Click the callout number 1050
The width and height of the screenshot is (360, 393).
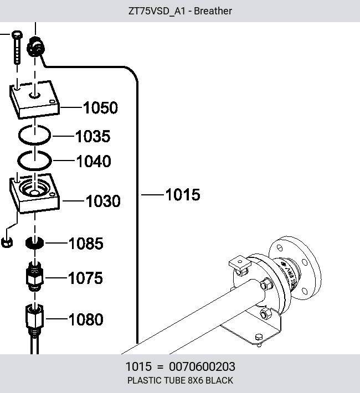point(100,108)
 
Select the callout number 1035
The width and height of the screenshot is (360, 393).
point(93,136)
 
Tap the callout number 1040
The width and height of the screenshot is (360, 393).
point(94,161)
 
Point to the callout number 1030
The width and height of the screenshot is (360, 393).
point(103,201)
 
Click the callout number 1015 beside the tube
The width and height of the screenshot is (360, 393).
point(183,194)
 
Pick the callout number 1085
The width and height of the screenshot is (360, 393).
point(86,244)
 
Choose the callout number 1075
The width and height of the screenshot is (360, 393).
point(85,278)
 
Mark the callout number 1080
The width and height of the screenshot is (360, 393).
point(86,319)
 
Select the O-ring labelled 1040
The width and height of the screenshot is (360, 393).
point(34,169)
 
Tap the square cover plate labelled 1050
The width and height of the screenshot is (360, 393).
point(35,100)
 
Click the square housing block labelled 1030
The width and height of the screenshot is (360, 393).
point(35,193)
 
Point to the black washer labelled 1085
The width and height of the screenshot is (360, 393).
point(35,243)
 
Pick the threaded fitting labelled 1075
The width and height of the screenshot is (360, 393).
point(35,276)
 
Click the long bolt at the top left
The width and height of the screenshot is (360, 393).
point(17,47)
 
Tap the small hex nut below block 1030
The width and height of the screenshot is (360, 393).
point(7,242)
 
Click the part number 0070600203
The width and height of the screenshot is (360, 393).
point(202,366)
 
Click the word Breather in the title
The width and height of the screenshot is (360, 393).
point(213,11)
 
